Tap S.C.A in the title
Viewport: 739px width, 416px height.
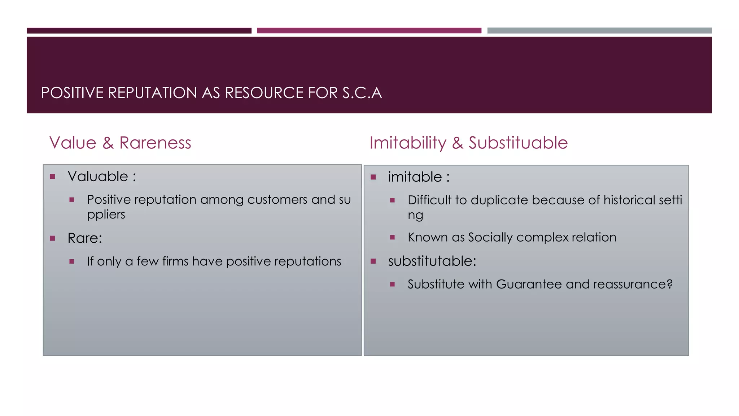click(362, 93)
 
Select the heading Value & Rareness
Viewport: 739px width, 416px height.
click(120, 143)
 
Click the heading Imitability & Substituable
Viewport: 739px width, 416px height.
click(468, 143)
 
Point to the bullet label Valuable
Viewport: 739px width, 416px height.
click(98, 176)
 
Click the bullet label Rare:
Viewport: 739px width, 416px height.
click(85, 238)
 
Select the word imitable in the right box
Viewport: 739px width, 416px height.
click(415, 177)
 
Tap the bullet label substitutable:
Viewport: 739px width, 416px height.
click(432, 261)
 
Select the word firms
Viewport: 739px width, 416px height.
click(175, 261)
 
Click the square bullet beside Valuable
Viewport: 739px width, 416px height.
click(52, 177)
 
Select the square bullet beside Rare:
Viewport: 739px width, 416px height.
click(52, 238)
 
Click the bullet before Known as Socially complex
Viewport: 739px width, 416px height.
click(393, 237)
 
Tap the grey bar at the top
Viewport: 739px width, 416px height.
click(599, 31)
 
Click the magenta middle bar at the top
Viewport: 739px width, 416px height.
click(369, 31)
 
